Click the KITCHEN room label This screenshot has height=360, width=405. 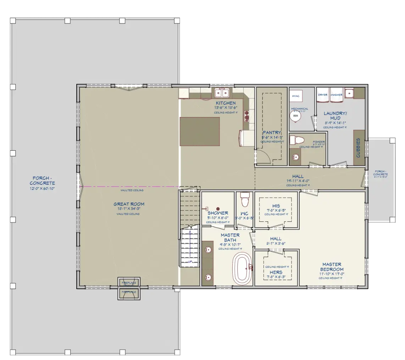(x=226, y=103)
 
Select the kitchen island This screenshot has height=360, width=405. (x=200, y=131)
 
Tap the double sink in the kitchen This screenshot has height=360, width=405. (x=222, y=93)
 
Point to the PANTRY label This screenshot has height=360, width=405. (x=272, y=133)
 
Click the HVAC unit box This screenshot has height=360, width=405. (x=296, y=96)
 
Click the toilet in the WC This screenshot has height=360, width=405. (x=244, y=200)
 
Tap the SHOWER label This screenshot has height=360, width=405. (x=218, y=213)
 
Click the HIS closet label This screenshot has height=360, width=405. (x=276, y=206)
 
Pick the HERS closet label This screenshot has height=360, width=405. (x=276, y=272)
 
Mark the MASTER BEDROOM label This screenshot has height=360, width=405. (x=332, y=267)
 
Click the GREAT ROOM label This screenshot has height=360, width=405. (x=129, y=204)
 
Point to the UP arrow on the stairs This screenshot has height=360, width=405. (x=190, y=248)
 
